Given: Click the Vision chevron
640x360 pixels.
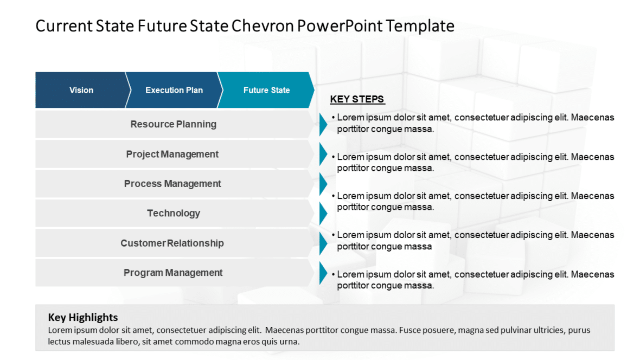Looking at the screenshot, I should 81,90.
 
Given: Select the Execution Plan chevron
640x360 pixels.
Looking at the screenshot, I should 174,90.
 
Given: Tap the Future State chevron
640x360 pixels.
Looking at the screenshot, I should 266,90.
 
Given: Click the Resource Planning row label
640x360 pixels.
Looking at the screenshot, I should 173,124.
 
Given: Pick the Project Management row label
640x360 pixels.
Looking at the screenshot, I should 172,154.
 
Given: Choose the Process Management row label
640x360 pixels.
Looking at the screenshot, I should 172,184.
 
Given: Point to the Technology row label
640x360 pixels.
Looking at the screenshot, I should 173,213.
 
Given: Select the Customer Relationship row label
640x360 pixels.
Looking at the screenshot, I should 172,243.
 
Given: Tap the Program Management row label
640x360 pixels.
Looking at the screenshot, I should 172,273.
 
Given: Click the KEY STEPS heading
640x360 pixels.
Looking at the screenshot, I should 357,99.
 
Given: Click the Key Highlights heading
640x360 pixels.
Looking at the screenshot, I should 82,318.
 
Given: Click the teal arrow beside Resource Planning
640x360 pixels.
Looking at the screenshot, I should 323,124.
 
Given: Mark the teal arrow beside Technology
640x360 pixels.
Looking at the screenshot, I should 323,213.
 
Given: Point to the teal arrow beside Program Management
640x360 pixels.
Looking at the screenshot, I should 323,273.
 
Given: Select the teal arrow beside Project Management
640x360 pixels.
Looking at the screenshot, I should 323,154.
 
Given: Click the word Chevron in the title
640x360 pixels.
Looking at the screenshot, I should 261,26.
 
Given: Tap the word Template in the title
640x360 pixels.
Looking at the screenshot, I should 420,26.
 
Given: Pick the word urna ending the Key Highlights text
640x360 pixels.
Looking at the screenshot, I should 289,342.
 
